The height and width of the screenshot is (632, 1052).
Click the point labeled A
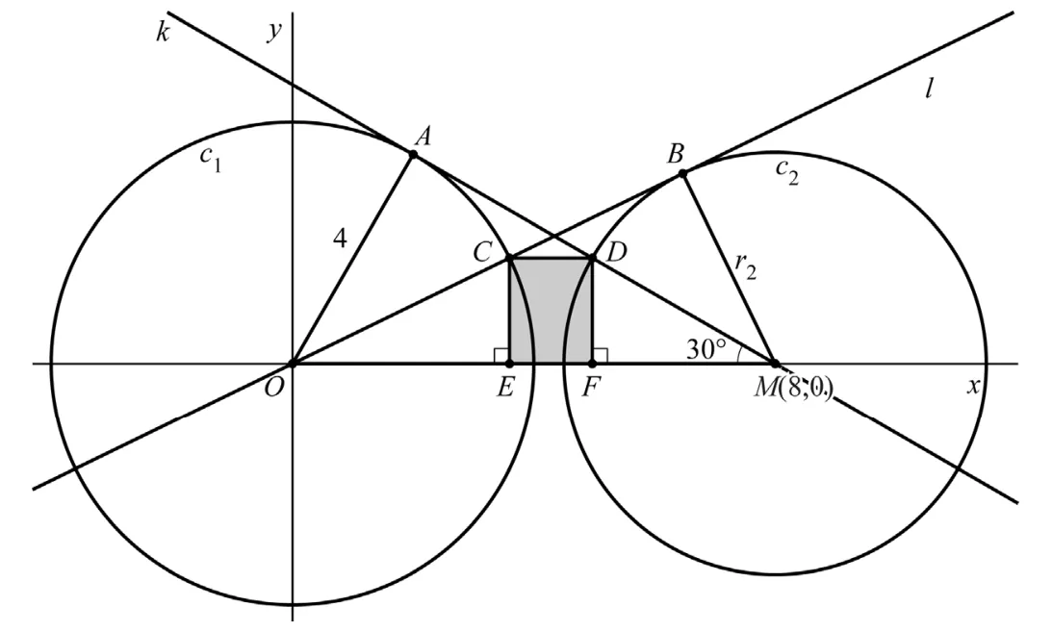pos(413,154)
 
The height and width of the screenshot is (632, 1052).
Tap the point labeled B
pos(682,173)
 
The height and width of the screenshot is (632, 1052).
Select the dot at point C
pos(509,258)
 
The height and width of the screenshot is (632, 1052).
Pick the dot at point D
pos(592,258)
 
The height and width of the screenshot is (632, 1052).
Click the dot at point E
pos(509,364)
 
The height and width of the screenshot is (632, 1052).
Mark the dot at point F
pos(592,364)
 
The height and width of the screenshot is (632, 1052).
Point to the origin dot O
pos(292,364)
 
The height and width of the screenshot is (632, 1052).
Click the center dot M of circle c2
pos(775,364)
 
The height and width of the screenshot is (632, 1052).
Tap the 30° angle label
pos(706,348)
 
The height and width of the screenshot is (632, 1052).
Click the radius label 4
pos(341,238)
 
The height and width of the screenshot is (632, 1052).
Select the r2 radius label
pos(745,266)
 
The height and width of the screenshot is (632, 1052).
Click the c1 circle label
pos(211,160)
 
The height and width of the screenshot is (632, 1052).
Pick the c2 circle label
pos(787,172)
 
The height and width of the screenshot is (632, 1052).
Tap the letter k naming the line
pos(163,32)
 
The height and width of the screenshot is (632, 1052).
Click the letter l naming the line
pos(929,89)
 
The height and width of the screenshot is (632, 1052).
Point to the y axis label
pos(273,32)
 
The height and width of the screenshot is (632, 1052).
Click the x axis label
pos(973,386)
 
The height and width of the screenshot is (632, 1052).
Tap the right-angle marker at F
pos(600,356)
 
